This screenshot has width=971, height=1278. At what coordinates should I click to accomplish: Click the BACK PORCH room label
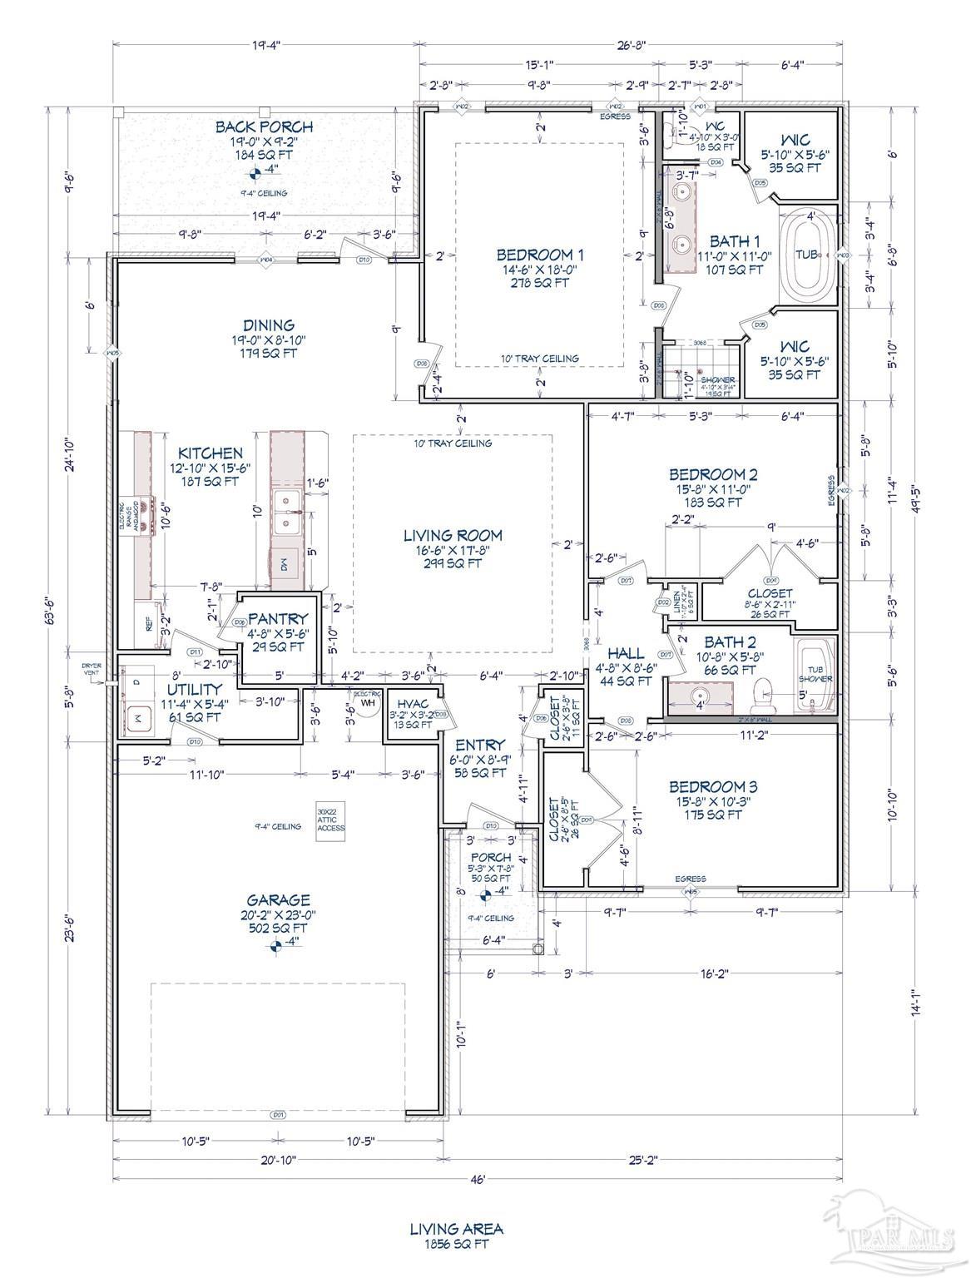click(264, 127)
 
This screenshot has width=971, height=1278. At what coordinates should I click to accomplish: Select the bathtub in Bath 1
click(805, 255)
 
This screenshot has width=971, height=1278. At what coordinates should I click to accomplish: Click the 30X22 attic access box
click(330, 820)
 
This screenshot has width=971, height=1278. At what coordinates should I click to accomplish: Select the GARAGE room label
click(278, 900)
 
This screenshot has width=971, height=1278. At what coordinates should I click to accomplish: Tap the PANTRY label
click(278, 619)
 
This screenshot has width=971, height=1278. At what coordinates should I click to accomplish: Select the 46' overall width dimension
click(477, 1179)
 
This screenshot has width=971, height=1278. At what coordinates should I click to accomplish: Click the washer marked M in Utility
click(136, 716)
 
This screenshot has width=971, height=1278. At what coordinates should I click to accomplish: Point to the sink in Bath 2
click(699, 693)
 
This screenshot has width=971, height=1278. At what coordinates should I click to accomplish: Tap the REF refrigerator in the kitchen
click(150, 623)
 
